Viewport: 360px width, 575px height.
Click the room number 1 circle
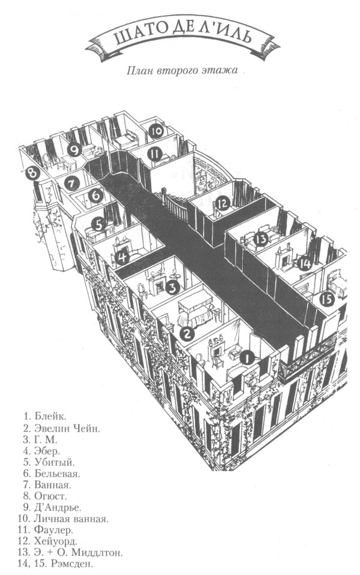click(245, 358)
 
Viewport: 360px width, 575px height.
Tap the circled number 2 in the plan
click(187, 333)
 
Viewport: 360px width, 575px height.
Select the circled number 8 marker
click(32, 174)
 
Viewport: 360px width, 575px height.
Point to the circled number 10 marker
click(157, 131)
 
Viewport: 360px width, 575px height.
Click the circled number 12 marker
click(223, 204)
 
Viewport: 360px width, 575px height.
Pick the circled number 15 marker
click(326, 298)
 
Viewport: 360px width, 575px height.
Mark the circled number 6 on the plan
click(95, 196)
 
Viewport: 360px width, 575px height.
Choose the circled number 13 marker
click(261, 239)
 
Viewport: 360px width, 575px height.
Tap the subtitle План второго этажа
click(182, 71)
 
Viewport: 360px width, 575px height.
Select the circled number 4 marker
click(122, 258)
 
